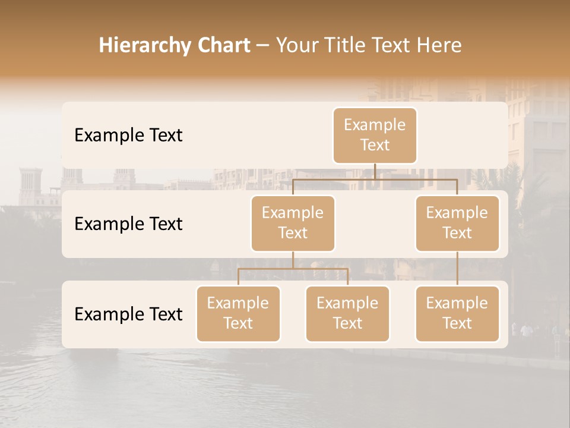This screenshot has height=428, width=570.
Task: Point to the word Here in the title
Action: [439, 45]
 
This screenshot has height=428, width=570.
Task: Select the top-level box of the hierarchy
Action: [375, 135]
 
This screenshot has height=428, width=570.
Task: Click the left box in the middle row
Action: [293, 223]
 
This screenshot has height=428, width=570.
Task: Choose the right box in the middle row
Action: [457, 223]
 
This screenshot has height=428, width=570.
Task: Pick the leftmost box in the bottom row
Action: [238, 313]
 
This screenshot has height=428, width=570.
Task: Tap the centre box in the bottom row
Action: [347, 313]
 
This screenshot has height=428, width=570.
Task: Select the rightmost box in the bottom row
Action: [457, 313]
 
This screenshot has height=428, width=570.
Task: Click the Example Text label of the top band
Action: [128, 135]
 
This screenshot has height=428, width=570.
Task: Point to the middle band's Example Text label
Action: [128, 224]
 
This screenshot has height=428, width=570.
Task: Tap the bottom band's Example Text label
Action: [128, 314]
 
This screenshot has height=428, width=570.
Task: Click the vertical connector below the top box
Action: [375, 171]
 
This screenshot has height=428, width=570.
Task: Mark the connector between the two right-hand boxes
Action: [457, 269]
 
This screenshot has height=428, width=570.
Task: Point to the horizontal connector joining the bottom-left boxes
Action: [293, 269]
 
